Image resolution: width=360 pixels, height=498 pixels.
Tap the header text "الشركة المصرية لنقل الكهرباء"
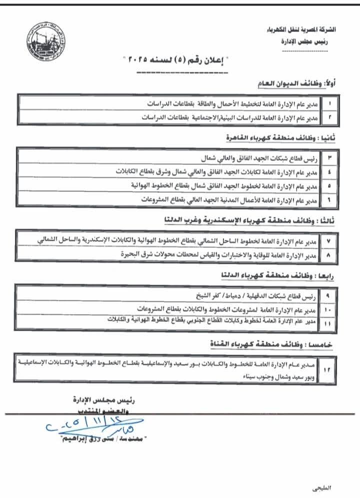click(306, 29)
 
